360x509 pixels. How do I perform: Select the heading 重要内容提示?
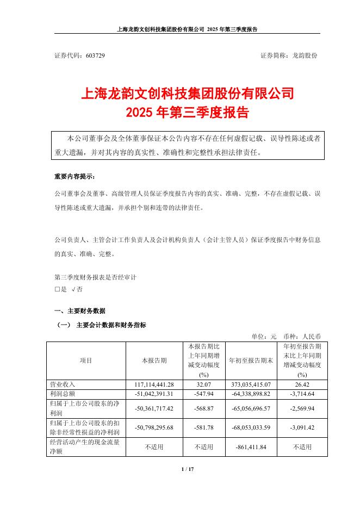click(73, 178)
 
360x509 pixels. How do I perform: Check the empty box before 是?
click(58, 290)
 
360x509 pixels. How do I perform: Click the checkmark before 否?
click(73, 290)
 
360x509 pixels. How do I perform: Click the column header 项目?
click(86, 361)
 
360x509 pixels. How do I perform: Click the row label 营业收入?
click(61, 384)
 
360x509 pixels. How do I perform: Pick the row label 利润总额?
click(61, 393)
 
